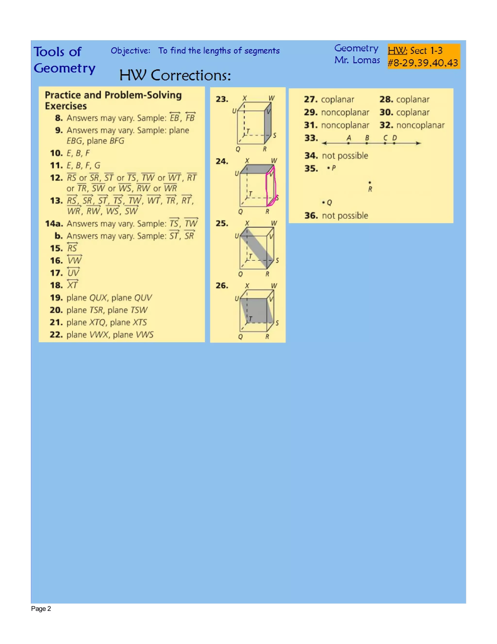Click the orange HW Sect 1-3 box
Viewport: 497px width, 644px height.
tap(423, 56)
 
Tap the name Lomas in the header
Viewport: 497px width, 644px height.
tap(366, 60)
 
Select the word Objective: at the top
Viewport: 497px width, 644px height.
tap(130, 51)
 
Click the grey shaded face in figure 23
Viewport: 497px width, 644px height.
tap(268, 124)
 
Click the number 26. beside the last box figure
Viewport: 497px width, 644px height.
tap(222, 286)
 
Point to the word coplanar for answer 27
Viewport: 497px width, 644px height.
tap(337, 99)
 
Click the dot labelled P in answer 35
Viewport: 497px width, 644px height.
tap(328, 168)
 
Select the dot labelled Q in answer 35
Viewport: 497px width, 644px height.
tap(323, 202)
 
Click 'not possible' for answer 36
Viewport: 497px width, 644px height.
tap(345, 216)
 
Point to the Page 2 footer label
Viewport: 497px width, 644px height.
tap(41, 609)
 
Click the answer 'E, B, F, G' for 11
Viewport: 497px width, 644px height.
tap(83, 165)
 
